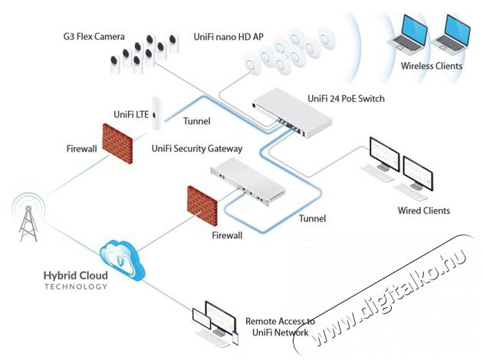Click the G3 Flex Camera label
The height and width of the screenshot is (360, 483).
tap(97, 36)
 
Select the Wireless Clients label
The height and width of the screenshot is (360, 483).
tap(432, 66)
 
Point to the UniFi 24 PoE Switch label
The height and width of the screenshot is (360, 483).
tap(346, 99)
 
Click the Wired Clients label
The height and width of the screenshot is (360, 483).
tap(423, 211)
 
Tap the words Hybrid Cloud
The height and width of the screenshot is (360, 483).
tap(76, 275)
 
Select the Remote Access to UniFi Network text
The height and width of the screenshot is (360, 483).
tap(280, 327)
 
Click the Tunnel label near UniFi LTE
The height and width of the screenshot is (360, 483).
tap(199, 120)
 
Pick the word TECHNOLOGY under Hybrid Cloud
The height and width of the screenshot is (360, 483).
tap(76, 287)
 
